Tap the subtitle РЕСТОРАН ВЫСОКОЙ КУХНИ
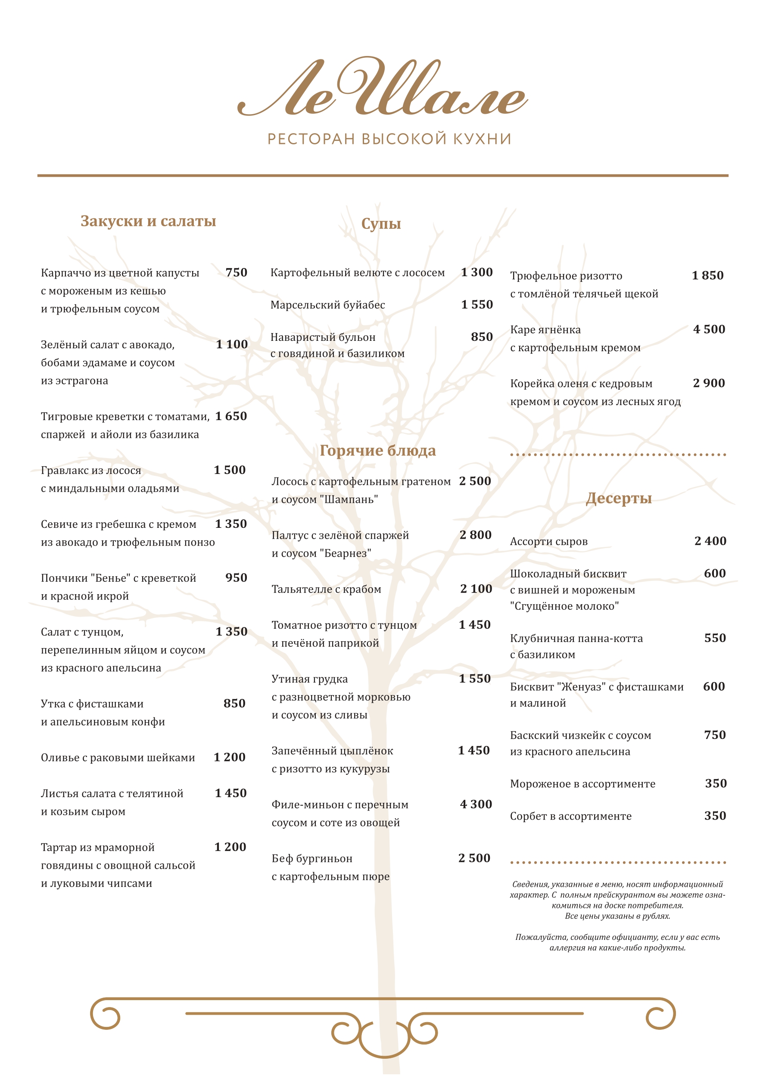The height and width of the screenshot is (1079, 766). pyautogui.click(x=389, y=139)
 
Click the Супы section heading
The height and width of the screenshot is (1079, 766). pyautogui.click(x=381, y=224)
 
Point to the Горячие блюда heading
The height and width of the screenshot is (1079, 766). pyautogui.click(x=377, y=451)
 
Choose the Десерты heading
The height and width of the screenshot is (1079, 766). pyautogui.click(x=619, y=498)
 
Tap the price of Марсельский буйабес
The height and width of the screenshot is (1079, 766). pyautogui.click(x=477, y=305)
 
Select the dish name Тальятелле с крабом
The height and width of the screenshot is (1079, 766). pyautogui.click(x=327, y=589)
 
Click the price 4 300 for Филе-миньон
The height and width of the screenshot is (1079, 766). pyautogui.click(x=476, y=805)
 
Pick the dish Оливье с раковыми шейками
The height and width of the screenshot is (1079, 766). pyautogui.click(x=118, y=758)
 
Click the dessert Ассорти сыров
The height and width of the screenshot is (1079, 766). pyautogui.click(x=548, y=542)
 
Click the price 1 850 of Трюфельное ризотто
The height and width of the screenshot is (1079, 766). pyautogui.click(x=707, y=275)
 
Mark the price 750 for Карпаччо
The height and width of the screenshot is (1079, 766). pyautogui.click(x=237, y=273)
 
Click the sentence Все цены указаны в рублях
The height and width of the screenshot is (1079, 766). pyautogui.click(x=617, y=916)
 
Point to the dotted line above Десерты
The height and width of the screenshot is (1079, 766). pyautogui.click(x=618, y=455)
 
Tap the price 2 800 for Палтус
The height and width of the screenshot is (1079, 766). pyautogui.click(x=476, y=535)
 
